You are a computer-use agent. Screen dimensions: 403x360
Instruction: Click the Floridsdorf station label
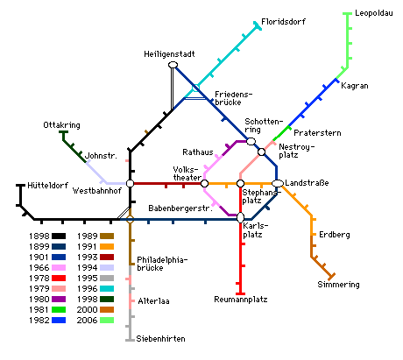click(283, 22)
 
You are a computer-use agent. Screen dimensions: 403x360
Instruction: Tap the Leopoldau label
click(374, 13)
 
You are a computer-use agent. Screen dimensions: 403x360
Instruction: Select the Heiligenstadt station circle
click(173, 65)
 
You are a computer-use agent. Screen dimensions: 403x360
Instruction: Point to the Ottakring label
click(61, 125)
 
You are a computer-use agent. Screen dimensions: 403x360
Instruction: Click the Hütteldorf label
click(47, 186)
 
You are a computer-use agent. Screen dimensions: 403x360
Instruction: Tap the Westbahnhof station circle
click(130, 183)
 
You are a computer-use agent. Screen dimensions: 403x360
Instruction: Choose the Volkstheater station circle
click(204, 183)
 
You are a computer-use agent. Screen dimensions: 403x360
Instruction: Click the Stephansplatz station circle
click(240, 183)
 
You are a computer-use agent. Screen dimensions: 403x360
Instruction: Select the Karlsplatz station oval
click(240, 217)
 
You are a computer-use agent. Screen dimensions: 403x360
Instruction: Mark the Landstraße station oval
click(278, 183)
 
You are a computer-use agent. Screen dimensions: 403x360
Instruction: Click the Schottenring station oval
click(251, 141)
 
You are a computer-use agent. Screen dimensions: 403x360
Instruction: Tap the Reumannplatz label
click(241, 300)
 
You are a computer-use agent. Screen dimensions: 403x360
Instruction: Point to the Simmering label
click(338, 285)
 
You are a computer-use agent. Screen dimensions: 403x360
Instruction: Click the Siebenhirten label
click(160, 339)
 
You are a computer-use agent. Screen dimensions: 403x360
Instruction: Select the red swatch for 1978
click(59, 279)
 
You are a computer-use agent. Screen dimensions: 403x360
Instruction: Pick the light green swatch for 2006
click(107, 321)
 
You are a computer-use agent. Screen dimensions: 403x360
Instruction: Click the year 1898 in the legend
click(39, 236)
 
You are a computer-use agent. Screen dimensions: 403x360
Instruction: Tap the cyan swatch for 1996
click(107, 289)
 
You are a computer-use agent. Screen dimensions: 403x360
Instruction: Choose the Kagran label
click(355, 86)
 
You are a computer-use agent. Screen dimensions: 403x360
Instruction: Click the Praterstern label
click(317, 133)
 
